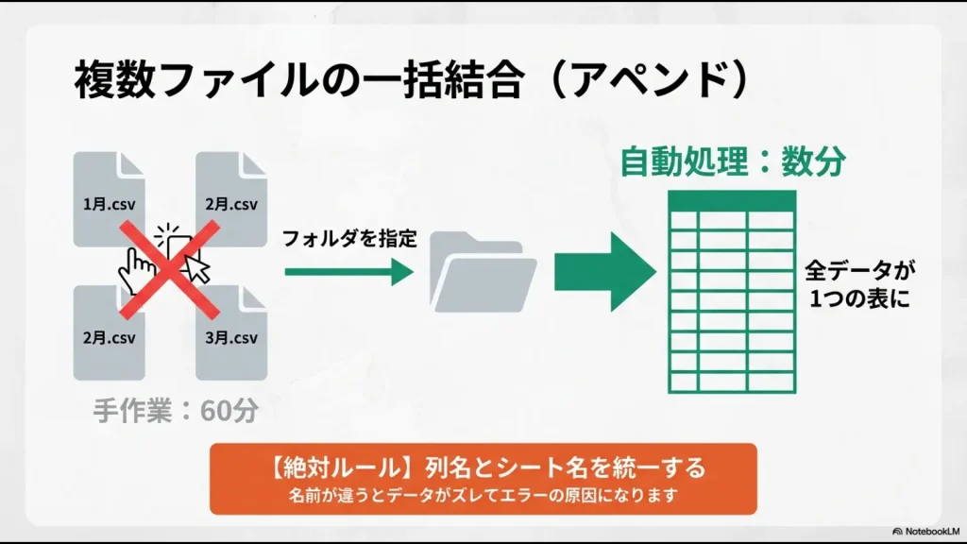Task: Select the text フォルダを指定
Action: point(349,238)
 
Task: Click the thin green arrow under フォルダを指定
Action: point(348,272)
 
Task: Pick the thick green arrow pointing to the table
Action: point(604,272)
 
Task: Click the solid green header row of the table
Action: point(731,199)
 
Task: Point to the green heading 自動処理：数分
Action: point(732,161)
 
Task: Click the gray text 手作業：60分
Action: point(176,411)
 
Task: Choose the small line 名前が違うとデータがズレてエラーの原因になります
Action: point(483,494)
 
